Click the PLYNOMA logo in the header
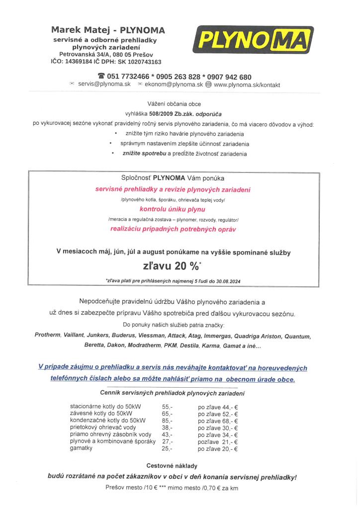click(x=254, y=40)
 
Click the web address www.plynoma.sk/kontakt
click(x=247, y=85)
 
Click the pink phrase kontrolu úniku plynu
click(x=173, y=209)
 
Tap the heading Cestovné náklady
click(x=172, y=466)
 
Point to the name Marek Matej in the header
click(x=82, y=30)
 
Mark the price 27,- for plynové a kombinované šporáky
click(x=167, y=441)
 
